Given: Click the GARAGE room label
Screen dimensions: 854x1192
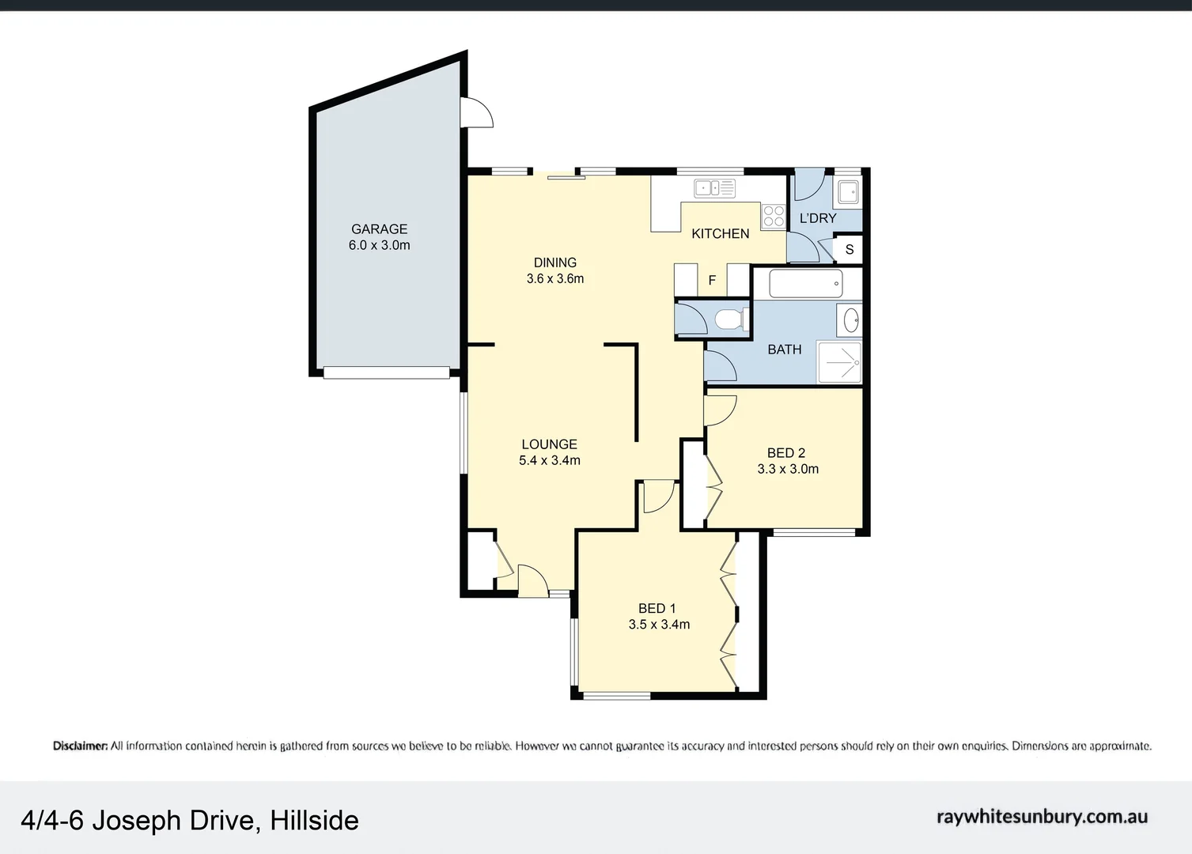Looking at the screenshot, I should coord(379,229).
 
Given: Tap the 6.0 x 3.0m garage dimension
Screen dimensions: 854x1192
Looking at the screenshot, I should coord(379,245).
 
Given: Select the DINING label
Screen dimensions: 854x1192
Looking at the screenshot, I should coord(554,263).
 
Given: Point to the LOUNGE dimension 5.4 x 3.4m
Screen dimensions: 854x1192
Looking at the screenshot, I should coord(549,460).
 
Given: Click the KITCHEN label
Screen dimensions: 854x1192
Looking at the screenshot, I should coord(720,233).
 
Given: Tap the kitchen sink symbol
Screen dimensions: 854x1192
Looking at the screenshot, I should coord(714,188).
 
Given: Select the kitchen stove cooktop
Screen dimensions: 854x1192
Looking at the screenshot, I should coord(773,216).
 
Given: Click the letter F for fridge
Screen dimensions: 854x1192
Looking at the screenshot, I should coord(712,280).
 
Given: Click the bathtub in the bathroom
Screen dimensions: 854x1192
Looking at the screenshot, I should coord(805,283).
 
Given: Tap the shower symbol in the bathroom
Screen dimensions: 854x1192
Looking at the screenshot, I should coord(838,363).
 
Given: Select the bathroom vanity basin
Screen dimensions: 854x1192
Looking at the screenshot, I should coord(851,320).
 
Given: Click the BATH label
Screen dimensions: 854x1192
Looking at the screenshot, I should coord(784,350).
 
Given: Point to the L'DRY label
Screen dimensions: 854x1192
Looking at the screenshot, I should coord(817,218).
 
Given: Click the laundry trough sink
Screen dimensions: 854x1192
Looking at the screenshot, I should coord(847,191).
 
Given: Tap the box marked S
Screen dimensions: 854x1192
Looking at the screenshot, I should coord(849,249).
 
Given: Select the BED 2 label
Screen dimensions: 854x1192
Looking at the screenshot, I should coord(785,453).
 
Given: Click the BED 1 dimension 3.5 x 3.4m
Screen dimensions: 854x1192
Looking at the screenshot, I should coord(659,625).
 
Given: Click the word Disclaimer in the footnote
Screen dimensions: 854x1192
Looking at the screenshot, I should coord(80,746).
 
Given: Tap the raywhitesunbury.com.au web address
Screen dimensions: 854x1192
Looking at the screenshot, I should coord(1042,817).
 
